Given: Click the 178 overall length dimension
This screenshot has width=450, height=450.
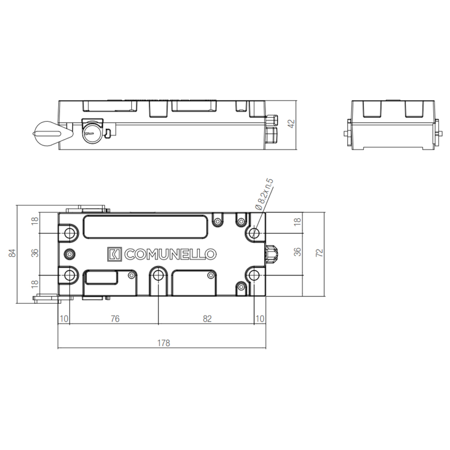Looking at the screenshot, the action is [x=163, y=343].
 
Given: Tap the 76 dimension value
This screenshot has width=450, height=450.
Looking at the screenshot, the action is [x=115, y=319].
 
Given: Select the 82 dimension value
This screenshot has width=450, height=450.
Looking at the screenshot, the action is [x=207, y=319].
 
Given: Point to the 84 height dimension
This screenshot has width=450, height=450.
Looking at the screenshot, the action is [x=12, y=253].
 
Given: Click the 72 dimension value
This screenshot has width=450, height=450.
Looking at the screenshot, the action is [x=319, y=253].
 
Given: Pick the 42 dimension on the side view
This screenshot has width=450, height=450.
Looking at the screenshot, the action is [x=291, y=123].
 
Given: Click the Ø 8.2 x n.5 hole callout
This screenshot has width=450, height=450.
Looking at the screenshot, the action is [x=264, y=194].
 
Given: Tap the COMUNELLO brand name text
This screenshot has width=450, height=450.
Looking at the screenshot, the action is [x=170, y=254].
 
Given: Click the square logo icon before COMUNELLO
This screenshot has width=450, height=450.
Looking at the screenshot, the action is [x=115, y=254].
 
